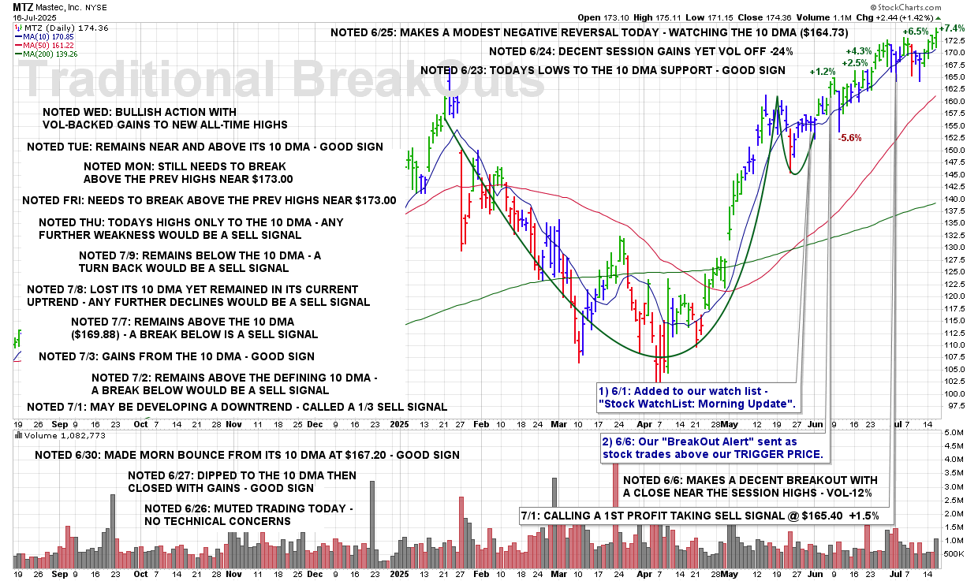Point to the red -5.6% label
[x=849, y=138]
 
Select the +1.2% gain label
[x=822, y=72]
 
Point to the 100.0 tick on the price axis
[x=954, y=393]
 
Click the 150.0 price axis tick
[x=954, y=150]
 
